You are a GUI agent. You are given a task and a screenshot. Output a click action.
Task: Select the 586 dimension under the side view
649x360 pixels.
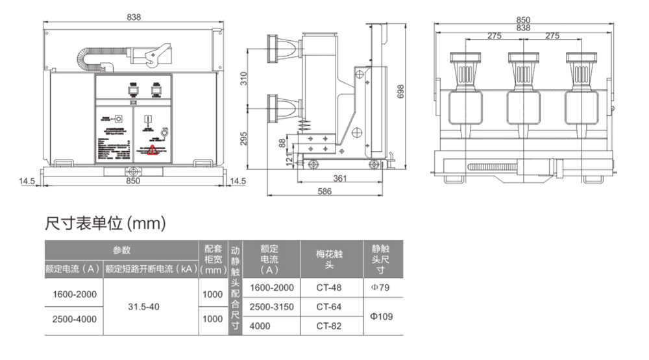pyautogui.click(x=324, y=191)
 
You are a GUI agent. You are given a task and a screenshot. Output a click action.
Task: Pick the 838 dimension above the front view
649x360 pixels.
pyautogui.click(x=134, y=18)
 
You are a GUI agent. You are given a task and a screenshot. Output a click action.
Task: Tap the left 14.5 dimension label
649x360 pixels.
pyautogui.click(x=27, y=181)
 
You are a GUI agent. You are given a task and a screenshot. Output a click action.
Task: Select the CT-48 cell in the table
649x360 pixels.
pyautogui.click(x=328, y=287)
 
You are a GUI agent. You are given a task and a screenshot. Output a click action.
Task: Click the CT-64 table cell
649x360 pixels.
pyautogui.click(x=328, y=306)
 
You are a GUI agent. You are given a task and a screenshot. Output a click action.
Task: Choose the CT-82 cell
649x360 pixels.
pyautogui.click(x=328, y=326)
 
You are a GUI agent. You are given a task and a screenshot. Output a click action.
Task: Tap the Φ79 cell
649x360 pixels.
pyautogui.click(x=380, y=287)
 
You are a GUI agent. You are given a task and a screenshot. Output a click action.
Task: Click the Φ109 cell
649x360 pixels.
pyautogui.click(x=380, y=317)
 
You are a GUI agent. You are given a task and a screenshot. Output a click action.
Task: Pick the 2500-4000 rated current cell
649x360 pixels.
pyautogui.click(x=74, y=319)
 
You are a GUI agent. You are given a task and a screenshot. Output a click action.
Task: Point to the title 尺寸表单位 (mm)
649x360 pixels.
pyautogui.click(x=106, y=224)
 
